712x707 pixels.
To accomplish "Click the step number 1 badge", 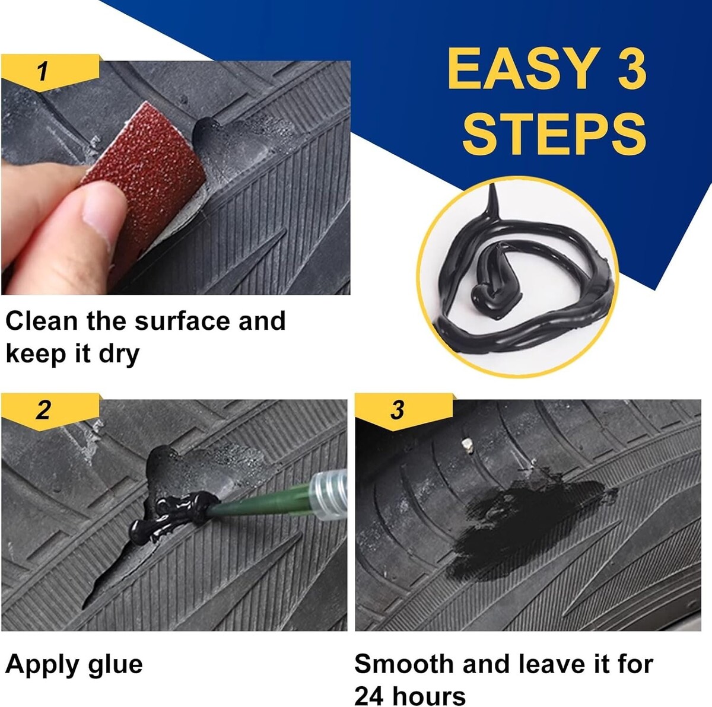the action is point(50,72).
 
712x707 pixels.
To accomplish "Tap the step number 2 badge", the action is point(50,411).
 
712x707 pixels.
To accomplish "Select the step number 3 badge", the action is point(403,411).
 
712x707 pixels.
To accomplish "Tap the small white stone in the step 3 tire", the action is point(468,444).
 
